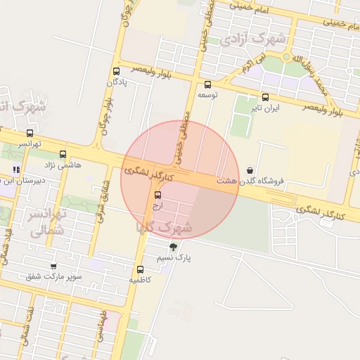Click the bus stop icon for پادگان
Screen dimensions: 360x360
(116, 71)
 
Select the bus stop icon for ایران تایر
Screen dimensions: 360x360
(265, 98)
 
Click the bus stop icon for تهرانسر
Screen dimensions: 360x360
(30, 133)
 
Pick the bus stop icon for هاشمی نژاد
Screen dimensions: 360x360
(63, 155)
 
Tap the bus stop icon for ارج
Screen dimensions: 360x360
(157, 195)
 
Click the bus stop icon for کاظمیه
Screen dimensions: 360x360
(140, 269)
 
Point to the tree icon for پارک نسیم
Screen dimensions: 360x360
(173, 247)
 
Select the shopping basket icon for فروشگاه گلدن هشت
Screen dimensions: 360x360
(250, 170)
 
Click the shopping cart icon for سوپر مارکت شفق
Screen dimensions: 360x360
(53, 266)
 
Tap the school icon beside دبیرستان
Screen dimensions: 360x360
(16, 169)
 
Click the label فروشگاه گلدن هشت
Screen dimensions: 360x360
(251, 181)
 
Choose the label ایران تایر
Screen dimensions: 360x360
(267, 108)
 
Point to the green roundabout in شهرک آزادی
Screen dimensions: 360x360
(286, 56)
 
